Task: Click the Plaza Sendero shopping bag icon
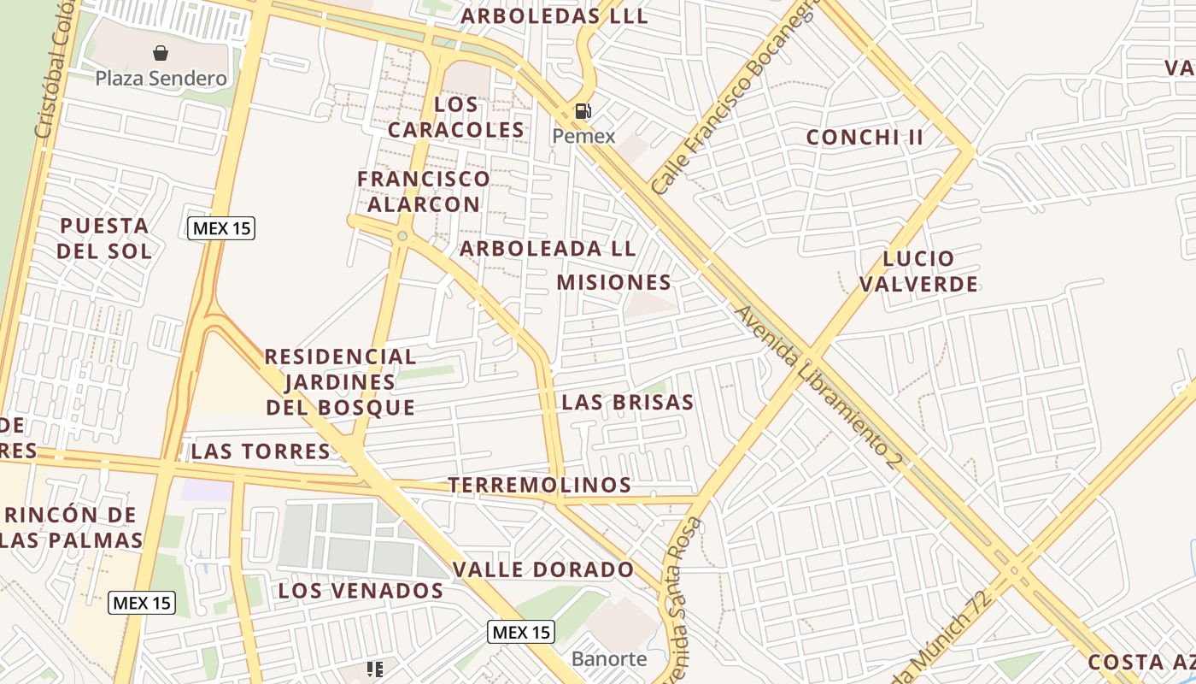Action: pyautogui.click(x=161, y=54)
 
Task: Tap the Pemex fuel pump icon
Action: pyautogui.click(x=583, y=111)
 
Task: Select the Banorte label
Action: pyautogui.click(x=609, y=659)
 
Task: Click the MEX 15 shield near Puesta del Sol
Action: pyautogui.click(x=221, y=228)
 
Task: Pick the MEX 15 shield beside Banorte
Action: pyautogui.click(x=521, y=633)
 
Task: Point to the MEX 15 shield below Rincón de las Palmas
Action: pyautogui.click(x=143, y=603)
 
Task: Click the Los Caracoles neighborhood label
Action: pyautogui.click(x=454, y=117)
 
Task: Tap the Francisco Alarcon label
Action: pyautogui.click(x=423, y=192)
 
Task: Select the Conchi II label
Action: pyautogui.click(x=865, y=138)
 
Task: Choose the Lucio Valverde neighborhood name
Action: pyautogui.click(x=918, y=271)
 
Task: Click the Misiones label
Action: pyautogui.click(x=613, y=282)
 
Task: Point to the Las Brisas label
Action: pyautogui.click(x=627, y=403)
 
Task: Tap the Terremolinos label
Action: pyautogui.click(x=540, y=486)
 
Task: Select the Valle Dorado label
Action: pyautogui.click(x=543, y=569)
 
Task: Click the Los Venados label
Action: pyautogui.click(x=361, y=591)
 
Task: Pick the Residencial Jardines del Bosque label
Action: pyautogui.click(x=340, y=382)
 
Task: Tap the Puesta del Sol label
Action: pyautogui.click(x=105, y=239)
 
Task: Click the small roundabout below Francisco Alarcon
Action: pyautogui.click(x=402, y=236)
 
